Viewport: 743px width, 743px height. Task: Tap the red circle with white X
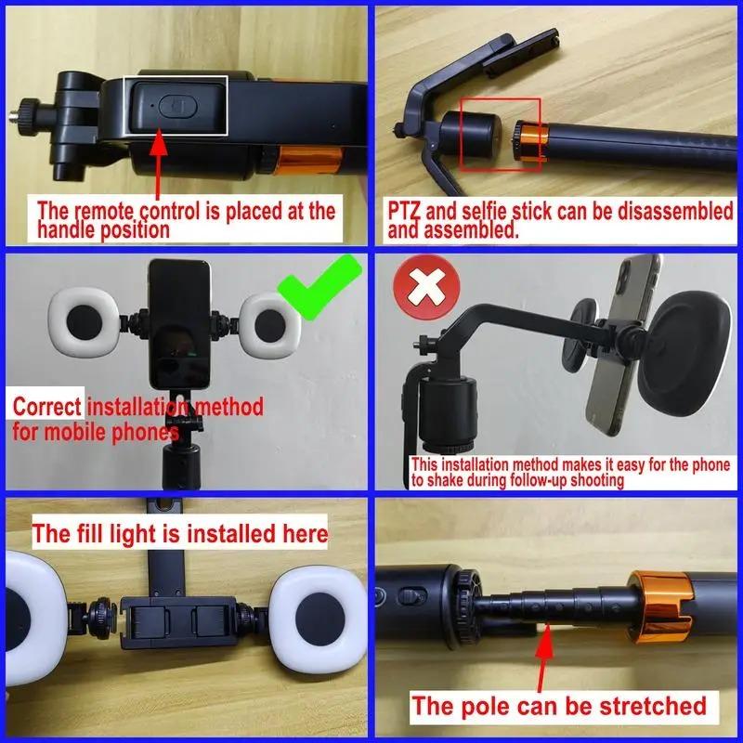[427, 288]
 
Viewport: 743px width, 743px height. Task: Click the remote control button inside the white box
[174, 105]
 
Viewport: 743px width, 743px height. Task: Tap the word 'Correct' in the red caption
[46, 407]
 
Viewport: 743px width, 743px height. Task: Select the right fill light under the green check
[271, 322]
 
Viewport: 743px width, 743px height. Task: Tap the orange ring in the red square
[530, 144]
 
